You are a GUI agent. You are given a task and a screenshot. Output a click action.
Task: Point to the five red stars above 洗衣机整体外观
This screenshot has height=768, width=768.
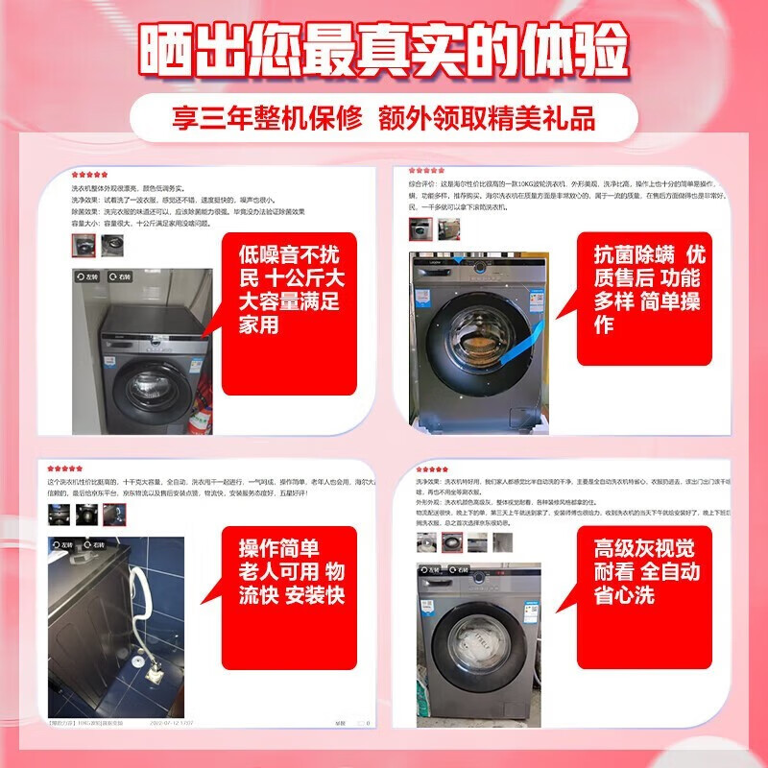click(x=89, y=176)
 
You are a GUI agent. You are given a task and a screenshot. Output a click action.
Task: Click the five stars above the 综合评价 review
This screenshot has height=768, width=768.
click(x=429, y=171)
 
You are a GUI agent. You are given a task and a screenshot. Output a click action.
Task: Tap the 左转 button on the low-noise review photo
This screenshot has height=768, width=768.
click(x=88, y=277)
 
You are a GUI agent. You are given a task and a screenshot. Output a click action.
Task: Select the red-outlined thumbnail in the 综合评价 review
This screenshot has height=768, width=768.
click(x=420, y=228)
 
